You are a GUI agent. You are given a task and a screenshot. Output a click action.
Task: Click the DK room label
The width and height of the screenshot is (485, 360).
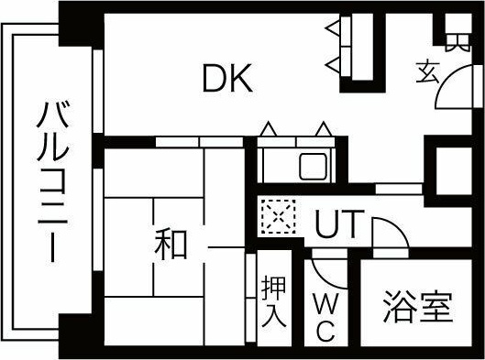(227, 81)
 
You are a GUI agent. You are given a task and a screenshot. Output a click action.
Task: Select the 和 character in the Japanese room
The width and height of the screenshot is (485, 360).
(171, 245)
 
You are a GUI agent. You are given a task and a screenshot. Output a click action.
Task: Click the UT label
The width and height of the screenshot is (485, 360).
(338, 225)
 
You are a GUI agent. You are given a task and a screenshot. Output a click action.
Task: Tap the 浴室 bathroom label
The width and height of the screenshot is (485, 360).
(418, 307)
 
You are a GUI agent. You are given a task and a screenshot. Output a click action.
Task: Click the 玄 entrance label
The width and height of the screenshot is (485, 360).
(428, 71)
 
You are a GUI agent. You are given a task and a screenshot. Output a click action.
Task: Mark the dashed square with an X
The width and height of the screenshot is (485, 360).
(274, 217)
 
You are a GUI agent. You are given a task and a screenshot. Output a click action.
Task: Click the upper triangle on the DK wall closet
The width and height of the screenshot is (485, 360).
(332, 33)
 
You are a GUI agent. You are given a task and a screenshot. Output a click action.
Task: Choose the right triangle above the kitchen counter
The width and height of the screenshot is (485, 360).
(323, 130)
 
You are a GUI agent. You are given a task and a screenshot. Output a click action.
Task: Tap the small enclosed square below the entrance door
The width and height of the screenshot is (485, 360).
(453, 169)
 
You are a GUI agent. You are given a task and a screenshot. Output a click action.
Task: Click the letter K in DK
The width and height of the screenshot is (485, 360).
(240, 81)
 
